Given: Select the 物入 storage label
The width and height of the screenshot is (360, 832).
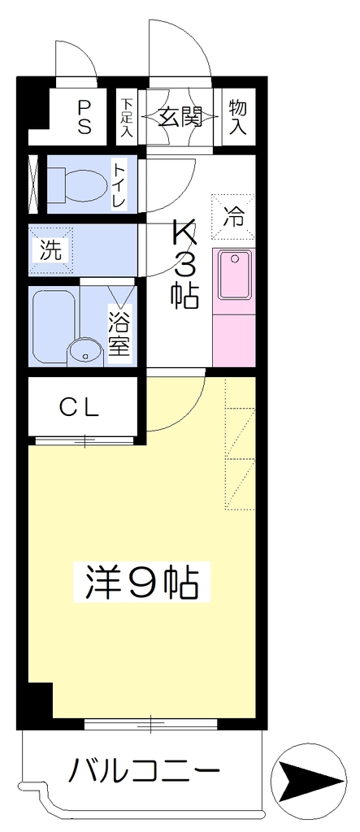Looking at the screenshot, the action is tap(238, 117).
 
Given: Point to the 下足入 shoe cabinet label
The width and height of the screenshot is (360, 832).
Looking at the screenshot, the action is tap(126, 117).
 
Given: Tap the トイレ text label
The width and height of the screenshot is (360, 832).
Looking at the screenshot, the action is tap(118, 184).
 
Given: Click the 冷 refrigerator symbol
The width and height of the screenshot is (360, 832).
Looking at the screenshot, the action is tap(233, 216).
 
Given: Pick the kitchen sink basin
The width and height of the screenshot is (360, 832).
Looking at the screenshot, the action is tap(235, 275).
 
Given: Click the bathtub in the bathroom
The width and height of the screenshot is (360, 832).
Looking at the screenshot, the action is tap(52, 327).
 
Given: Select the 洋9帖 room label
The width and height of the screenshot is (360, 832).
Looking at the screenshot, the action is tap(142, 583).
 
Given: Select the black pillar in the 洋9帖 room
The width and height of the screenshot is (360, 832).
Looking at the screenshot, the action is tap(41, 700).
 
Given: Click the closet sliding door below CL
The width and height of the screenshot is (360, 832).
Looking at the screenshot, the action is tap(85, 440).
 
